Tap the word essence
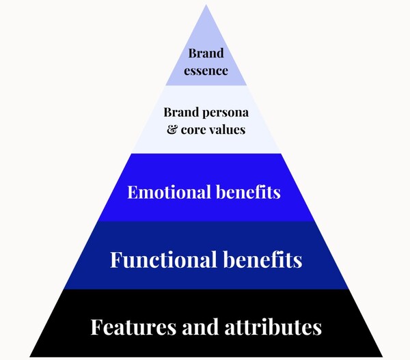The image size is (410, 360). (x=206, y=70)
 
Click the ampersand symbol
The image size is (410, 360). (x=172, y=128)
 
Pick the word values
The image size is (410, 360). (x=228, y=128)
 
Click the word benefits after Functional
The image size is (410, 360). (x=262, y=260)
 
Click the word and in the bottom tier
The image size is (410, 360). (x=193, y=327)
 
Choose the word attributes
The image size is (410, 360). (x=271, y=327)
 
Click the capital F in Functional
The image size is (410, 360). (x=116, y=260)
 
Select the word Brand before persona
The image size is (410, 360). (x=180, y=112)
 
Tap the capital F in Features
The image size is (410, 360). (x=96, y=327)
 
